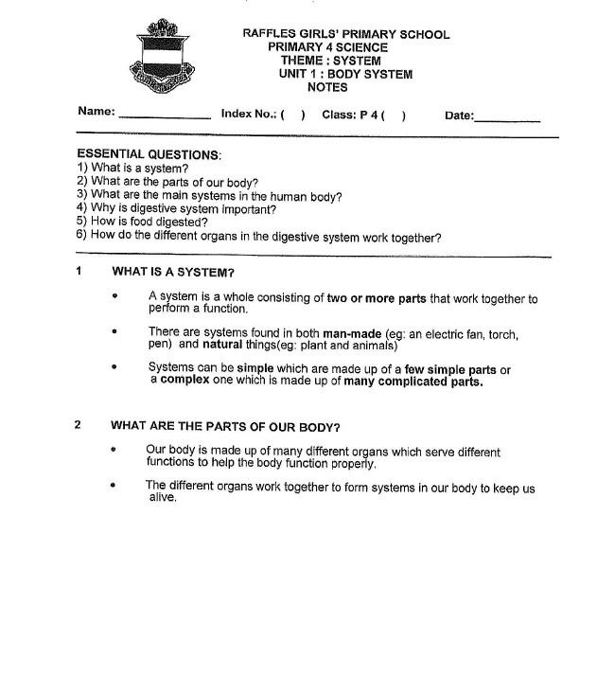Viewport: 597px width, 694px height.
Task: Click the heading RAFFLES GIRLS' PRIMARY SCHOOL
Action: point(345,34)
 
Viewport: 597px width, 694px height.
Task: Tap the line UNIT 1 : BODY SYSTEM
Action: point(345,74)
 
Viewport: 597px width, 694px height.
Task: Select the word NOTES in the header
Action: point(327,87)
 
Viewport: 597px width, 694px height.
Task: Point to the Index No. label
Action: point(248,114)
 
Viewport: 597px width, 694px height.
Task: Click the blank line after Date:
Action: point(507,119)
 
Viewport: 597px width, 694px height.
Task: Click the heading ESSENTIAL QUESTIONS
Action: point(149,154)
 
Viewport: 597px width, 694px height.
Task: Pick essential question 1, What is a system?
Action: point(132,169)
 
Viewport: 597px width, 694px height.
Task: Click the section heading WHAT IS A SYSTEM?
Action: point(173,273)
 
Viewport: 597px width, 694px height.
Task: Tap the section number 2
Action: point(79,424)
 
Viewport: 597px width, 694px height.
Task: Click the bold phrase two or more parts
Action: point(377,298)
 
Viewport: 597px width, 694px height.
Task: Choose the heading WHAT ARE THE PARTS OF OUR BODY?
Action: point(225,426)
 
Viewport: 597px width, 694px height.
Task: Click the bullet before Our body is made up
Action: point(114,451)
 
